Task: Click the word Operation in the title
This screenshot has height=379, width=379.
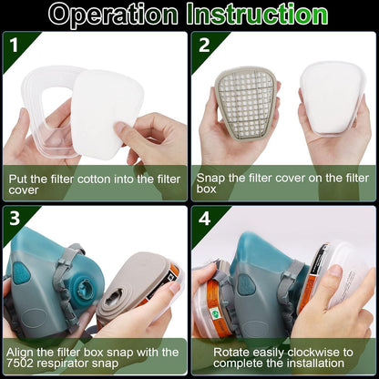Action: (114, 15)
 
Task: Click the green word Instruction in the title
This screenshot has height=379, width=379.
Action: (257, 14)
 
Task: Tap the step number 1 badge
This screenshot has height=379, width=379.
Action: (15, 46)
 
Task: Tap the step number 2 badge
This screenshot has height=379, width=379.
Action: (204, 46)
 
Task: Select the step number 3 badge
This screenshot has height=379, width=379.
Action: (15, 219)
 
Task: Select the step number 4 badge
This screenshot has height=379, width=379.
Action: (205, 219)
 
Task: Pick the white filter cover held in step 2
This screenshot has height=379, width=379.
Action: (332, 98)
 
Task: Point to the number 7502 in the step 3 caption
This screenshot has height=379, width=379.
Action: (20, 364)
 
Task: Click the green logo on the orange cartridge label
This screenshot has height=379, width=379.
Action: (215, 312)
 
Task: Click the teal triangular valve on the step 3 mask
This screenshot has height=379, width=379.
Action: (21, 271)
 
